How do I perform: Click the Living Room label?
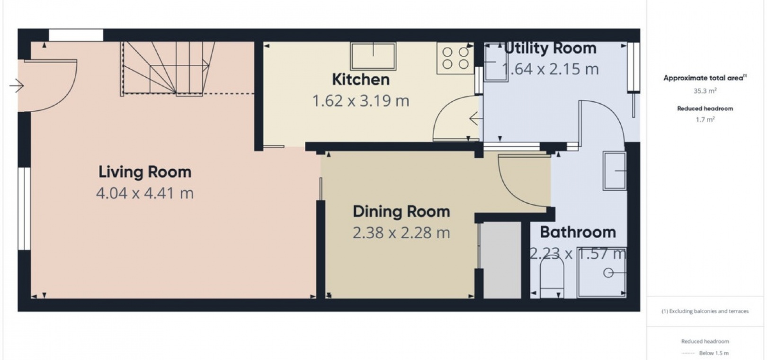click(145, 172)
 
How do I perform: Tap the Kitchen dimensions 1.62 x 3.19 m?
click(361, 101)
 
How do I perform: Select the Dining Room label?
click(401, 212)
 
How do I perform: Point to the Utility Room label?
click(550, 48)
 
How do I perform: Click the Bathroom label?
click(578, 233)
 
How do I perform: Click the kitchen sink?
click(373, 56)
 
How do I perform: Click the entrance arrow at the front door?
click(16, 86)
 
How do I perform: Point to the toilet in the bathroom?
click(552, 277)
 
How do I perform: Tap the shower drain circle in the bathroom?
click(608, 273)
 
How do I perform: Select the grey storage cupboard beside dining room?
click(501, 260)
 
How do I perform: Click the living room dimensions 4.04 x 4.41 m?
click(145, 194)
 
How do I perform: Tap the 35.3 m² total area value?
click(705, 91)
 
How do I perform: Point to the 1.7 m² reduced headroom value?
click(705, 119)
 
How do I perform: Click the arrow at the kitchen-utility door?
click(476, 118)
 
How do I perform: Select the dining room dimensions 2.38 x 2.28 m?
click(401, 233)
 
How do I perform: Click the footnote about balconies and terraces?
click(705, 311)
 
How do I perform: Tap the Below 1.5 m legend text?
click(714, 353)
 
